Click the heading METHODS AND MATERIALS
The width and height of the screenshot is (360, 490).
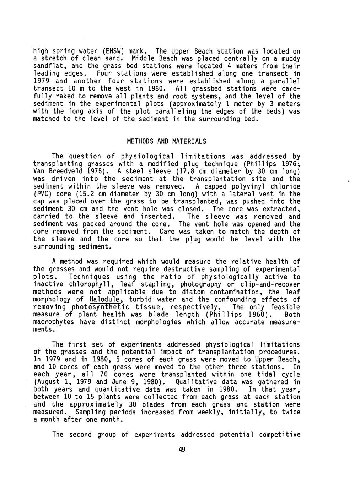pyautogui.click(x=166, y=141)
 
